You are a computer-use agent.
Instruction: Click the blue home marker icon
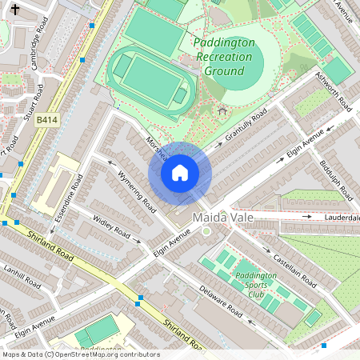point(180,173)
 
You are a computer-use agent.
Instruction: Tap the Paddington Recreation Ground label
point(223,56)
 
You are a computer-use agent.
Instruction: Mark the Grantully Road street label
point(246,126)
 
